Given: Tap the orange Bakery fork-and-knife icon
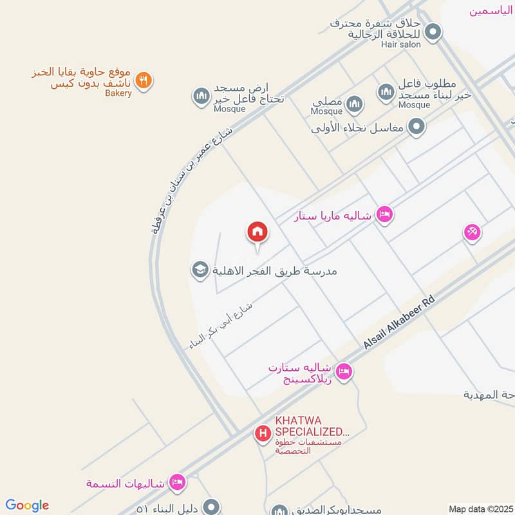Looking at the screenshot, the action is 144,80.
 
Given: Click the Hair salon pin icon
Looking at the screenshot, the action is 433,31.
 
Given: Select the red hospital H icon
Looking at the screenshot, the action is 263,434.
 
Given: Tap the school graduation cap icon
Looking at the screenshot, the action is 199,270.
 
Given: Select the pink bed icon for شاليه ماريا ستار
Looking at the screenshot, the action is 384,215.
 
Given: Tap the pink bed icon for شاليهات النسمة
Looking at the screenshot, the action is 178,482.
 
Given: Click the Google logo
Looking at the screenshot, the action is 27,505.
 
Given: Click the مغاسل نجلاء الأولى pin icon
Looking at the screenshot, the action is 417,126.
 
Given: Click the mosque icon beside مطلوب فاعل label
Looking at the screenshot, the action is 386,92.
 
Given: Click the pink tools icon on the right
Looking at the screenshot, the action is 472,232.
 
